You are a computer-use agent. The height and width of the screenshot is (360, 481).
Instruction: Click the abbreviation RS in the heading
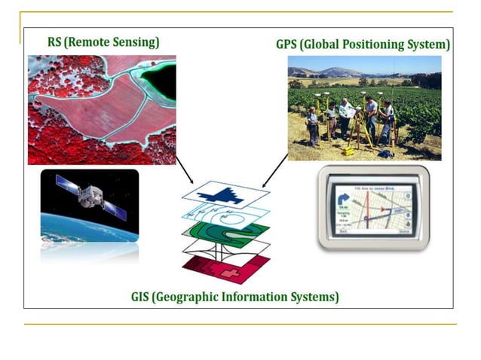tap(54, 42)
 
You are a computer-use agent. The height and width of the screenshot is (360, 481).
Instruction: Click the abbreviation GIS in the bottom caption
tap(142, 296)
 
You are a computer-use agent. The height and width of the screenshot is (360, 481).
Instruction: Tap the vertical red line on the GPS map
tap(369, 215)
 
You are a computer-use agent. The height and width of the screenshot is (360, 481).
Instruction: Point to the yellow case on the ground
tap(349, 150)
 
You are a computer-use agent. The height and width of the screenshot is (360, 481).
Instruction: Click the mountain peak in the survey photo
tap(332, 70)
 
